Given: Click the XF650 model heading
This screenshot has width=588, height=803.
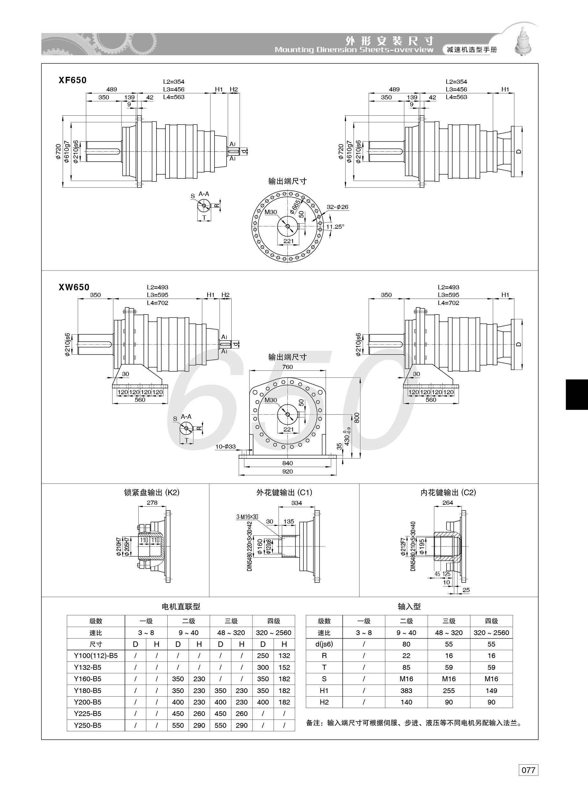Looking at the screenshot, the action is pyautogui.click(x=73, y=80).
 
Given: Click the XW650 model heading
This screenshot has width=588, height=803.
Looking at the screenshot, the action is pyautogui.click(x=74, y=287).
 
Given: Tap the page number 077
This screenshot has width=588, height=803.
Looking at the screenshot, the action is pyautogui.click(x=528, y=780).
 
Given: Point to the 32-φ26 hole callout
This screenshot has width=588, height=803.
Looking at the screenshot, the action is pyautogui.click(x=338, y=207).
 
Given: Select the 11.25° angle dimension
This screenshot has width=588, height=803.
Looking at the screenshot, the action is pyautogui.click(x=335, y=227).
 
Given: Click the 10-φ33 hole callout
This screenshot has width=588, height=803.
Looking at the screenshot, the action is pyautogui.click(x=225, y=446).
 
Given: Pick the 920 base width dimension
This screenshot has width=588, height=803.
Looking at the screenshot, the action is pyautogui.click(x=287, y=471).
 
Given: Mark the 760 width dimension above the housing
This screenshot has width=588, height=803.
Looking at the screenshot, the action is pyautogui.click(x=287, y=367).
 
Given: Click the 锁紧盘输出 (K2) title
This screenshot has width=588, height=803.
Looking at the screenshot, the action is pyautogui.click(x=152, y=492).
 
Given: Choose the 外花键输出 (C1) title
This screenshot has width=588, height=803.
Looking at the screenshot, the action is pyautogui.click(x=284, y=492).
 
